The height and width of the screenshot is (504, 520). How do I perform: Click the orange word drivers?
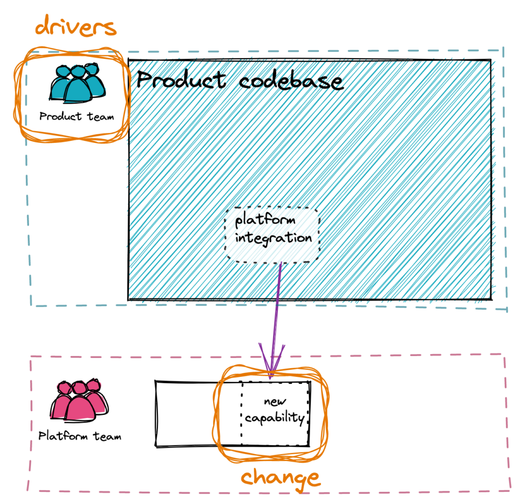coord(76,25)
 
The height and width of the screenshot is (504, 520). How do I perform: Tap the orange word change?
coord(280,479)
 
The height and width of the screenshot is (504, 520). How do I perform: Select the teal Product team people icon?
coord(77,82)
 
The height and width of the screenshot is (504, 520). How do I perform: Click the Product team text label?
coord(77,116)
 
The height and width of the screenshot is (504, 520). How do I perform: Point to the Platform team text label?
coord(80,435)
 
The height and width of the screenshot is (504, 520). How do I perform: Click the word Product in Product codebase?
coord(181,80)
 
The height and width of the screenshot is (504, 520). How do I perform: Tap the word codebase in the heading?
coord(291,81)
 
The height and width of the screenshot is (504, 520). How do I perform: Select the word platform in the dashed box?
coord(265,219)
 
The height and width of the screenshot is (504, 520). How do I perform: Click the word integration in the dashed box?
coord(273,238)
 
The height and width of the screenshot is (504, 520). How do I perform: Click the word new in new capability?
coord(275,402)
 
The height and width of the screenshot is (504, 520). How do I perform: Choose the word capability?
coord(275,418)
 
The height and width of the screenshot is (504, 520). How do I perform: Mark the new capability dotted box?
coord(241,413)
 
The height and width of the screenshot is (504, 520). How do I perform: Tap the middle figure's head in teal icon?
coord(78,71)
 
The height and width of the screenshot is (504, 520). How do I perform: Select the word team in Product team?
coord(101,116)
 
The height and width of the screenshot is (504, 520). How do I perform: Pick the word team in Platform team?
coord(107,436)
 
